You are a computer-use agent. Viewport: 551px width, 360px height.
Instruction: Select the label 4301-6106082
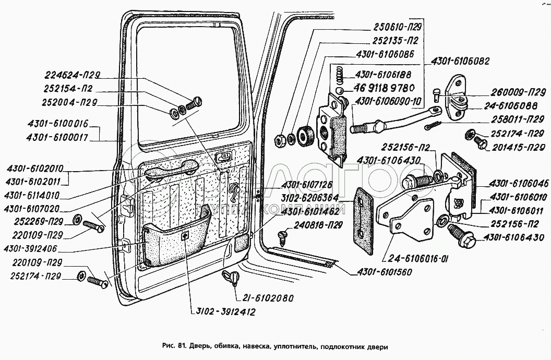coord(461,61)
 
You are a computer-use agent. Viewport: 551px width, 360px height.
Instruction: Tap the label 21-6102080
coord(267,298)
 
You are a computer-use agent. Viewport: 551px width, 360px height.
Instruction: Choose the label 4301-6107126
coord(310,185)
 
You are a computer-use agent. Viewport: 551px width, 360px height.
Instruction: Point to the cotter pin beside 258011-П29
coord(433,126)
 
